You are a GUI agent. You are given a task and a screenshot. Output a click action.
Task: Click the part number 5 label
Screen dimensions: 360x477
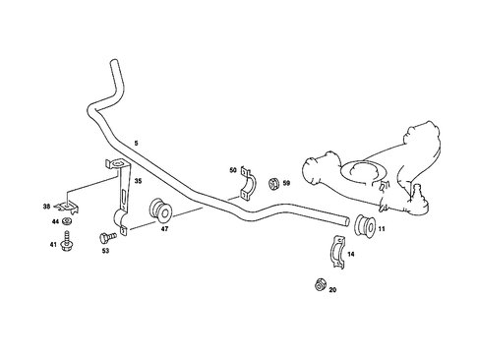click(135, 146)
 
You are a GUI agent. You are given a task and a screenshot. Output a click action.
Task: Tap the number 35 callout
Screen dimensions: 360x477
click(138, 182)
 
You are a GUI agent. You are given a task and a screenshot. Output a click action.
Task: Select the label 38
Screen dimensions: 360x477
click(46, 207)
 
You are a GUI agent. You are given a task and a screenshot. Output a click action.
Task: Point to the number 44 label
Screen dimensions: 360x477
click(55, 224)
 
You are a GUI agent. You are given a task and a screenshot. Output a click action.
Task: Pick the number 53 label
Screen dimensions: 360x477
click(106, 252)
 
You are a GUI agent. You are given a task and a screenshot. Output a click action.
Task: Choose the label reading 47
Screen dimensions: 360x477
click(164, 229)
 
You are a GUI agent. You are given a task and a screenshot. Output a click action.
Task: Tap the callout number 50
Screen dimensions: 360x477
click(234, 171)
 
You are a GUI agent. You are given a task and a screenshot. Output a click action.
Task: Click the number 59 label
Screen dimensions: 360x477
click(286, 183)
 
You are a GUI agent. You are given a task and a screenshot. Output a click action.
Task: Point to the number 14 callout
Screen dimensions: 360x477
click(350, 255)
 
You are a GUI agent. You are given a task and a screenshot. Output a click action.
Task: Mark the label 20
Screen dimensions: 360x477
click(332, 290)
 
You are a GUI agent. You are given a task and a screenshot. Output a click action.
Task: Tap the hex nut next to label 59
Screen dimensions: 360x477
click(270, 183)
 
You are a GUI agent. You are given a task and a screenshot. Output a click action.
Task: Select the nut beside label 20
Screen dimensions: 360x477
click(319, 285)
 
